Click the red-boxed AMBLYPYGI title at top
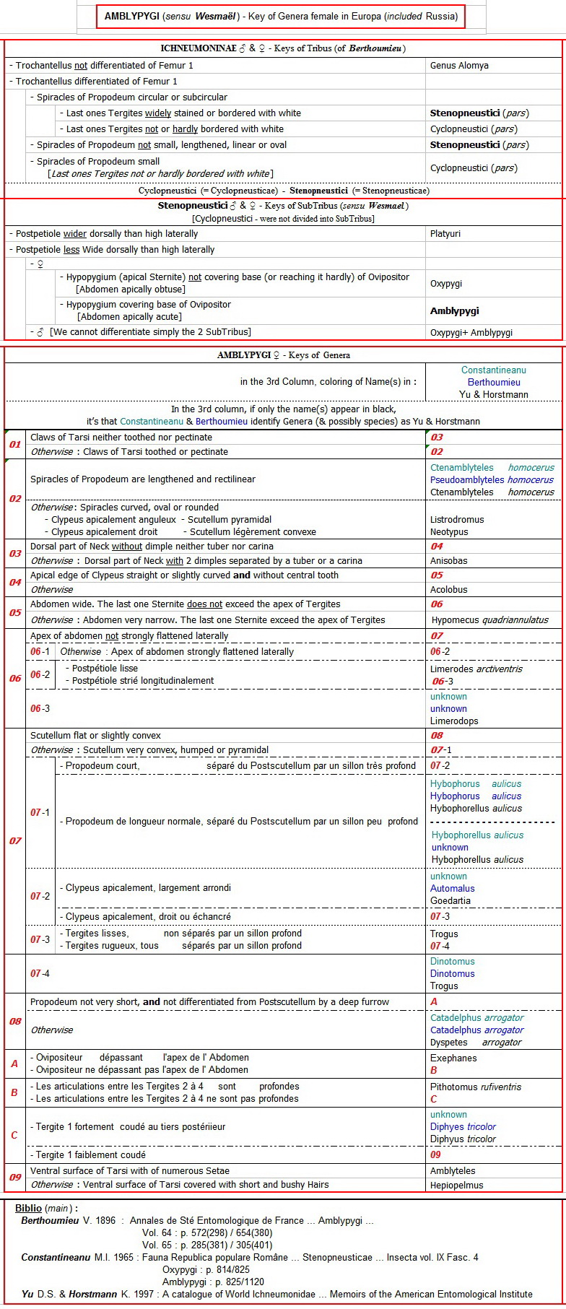click(x=280, y=16)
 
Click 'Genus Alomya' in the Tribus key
click(x=459, y=66)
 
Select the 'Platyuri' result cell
click(x=445, y=234)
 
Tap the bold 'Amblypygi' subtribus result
click(x=455, y=311)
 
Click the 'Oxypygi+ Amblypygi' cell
click(x=471, y=333)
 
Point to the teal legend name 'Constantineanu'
click(x=494, y=370)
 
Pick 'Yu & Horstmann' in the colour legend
click(x=494, y=395)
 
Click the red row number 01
click(x=15, y=444)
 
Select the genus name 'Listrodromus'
click(x=457, y=520)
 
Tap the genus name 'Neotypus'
click(x=449, y=532)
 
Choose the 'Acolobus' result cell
click(x=449, y=590)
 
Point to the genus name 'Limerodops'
click(x=454, y=721)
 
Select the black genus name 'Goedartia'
click(x=450, y=901)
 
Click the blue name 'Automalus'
click(x=453, y=889)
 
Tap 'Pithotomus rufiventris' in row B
click(x=476, y=1087)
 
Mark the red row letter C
click(x=14, y=1135)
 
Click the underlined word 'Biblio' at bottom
click(x=28, y=1208)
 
